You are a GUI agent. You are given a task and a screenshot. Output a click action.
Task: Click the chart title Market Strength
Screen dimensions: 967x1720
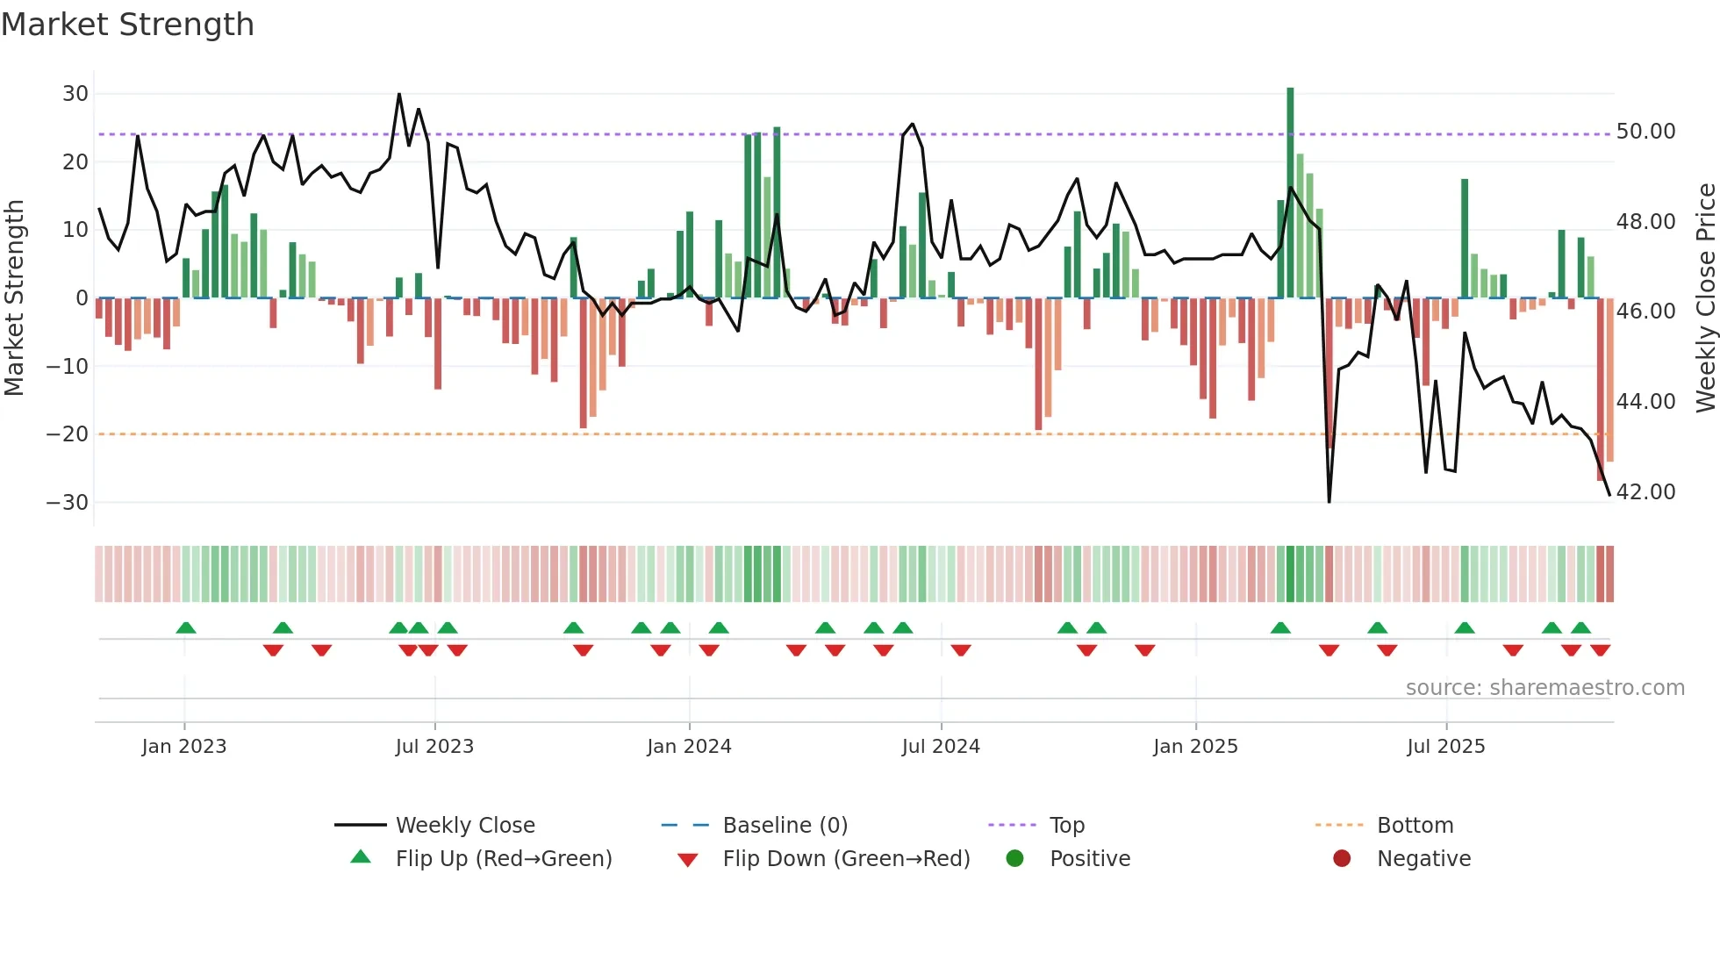coord(127,25)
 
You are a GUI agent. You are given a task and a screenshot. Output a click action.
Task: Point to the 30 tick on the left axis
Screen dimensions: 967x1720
coord(75,94)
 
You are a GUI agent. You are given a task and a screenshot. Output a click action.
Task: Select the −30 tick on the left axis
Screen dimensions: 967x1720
coord(68,503)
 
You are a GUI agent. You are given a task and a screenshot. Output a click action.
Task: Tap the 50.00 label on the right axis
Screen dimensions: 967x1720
coord(1645,132)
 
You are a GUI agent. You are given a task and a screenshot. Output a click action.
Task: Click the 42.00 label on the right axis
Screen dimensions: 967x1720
coord(1645,492)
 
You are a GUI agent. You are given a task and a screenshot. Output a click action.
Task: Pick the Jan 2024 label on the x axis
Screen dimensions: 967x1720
coord(689,747)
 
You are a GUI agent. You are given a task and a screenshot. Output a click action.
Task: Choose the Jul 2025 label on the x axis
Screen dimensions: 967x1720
coord(1445,747)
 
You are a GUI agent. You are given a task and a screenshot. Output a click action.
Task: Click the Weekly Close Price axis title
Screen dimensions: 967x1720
coord(1705,298)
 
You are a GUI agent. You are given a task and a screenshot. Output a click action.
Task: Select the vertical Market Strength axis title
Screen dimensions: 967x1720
coord(14,298)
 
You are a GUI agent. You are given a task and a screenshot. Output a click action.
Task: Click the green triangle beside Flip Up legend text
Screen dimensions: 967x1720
coord(361,857)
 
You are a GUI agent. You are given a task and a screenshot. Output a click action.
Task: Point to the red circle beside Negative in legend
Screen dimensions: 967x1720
coord(1342,858)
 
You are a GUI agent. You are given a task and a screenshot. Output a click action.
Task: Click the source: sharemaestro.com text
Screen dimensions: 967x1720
coord(1544,688)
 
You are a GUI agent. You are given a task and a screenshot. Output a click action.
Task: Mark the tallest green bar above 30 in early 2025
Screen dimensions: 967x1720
coord(1290,193)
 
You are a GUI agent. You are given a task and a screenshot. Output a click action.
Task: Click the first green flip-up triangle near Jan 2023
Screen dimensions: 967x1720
coord(186,628)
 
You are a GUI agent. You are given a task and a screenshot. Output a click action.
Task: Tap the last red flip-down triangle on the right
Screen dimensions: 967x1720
coord(1600,650)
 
